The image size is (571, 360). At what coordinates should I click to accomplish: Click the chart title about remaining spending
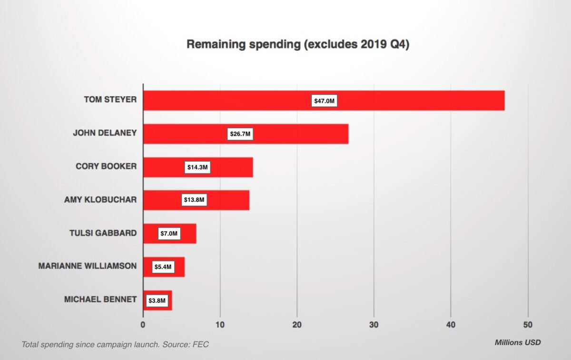pyautogui.click(x=297, y=44)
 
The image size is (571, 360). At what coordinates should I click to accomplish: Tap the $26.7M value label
pyautogui.click(x=240, y=134)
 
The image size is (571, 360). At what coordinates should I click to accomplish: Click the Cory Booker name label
pyautogui.click(x=106, y=166)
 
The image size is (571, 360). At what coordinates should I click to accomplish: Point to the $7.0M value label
pyautogui.click(x=169, y=233)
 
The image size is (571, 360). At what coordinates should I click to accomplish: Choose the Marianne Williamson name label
pyautogui.click(x=87, y=266)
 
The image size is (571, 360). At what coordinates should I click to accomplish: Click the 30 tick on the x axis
pyautogui.click(x=374, y=325)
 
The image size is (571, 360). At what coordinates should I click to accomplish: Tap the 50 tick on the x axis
pyautogui.click(x=528, y=325)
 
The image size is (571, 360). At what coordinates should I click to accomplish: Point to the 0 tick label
pyautogui.click(x=143, y=325)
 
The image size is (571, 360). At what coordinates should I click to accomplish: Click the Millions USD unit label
pyautogui.click(x=518, y=342)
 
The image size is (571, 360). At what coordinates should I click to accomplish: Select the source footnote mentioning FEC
pyautogui.click(x=115, y=344)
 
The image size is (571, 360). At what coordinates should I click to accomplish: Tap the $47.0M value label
pyautogui.click(x=325, y=100)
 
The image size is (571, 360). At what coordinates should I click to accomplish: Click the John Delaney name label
pyautogui.click(x=105, y=133)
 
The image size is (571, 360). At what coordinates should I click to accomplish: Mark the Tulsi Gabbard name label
pyautogui.click(x=103, y=233)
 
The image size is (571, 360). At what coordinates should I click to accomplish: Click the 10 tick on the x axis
pyautogui.click(x=220, y=325)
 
